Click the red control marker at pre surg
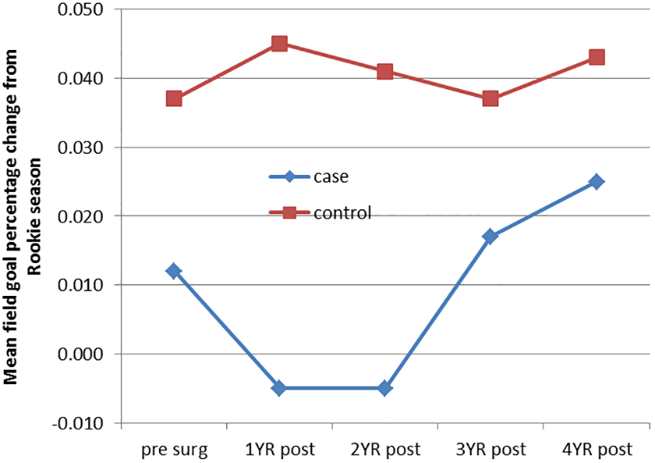[174, 99]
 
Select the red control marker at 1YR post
[279, 44]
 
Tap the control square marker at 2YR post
[384, 72]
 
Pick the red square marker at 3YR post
[490, 99]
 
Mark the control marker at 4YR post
[597, 57]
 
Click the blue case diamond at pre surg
[174, 271]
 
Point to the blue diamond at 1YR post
[279, 389]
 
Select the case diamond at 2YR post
[384, 389]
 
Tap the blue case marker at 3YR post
[490, 237]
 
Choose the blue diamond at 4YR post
[597, 181]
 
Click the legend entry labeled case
[309, 177]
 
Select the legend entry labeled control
[320, 213]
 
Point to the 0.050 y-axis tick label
[80, 9]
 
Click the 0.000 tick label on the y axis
[80, 354]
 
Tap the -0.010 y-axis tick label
[77, 423]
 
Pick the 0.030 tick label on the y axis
[80, 148]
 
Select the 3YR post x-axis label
[490, 450]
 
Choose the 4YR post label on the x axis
[597, 450]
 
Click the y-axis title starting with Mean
[23, 216]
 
